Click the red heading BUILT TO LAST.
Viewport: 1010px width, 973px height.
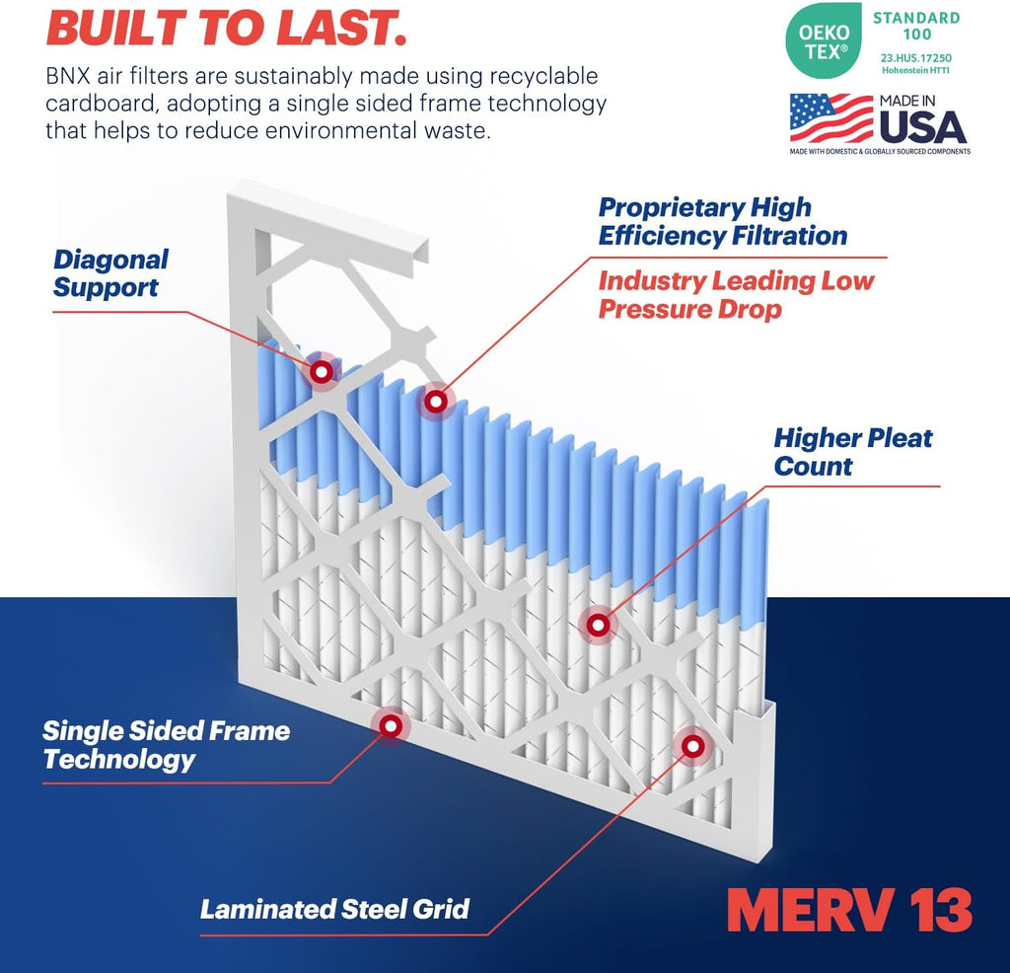(x=226, y=29)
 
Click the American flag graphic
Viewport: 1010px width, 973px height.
(x=830, y=118)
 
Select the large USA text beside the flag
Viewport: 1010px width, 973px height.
(x=922, y=126)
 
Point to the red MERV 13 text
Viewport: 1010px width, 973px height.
(x=849, y=910)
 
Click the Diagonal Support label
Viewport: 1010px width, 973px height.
(x=110, y=273)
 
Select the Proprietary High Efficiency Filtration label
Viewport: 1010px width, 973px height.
(x=722, y=222)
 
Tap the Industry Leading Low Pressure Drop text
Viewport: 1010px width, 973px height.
(x=736, y=295)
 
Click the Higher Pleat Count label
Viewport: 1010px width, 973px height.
(x=852, y=452)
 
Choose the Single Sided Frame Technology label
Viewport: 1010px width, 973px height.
(x=166, y=745)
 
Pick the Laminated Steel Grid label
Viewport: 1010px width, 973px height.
(x=334, y=909)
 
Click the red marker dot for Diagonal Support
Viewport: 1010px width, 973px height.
(x=321, y=372)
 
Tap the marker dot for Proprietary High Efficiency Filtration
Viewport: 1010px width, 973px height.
(x=434, y=401)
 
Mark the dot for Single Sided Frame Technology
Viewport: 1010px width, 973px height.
(x=391, y=725)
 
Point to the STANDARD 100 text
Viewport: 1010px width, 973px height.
(x=916, y=27)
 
